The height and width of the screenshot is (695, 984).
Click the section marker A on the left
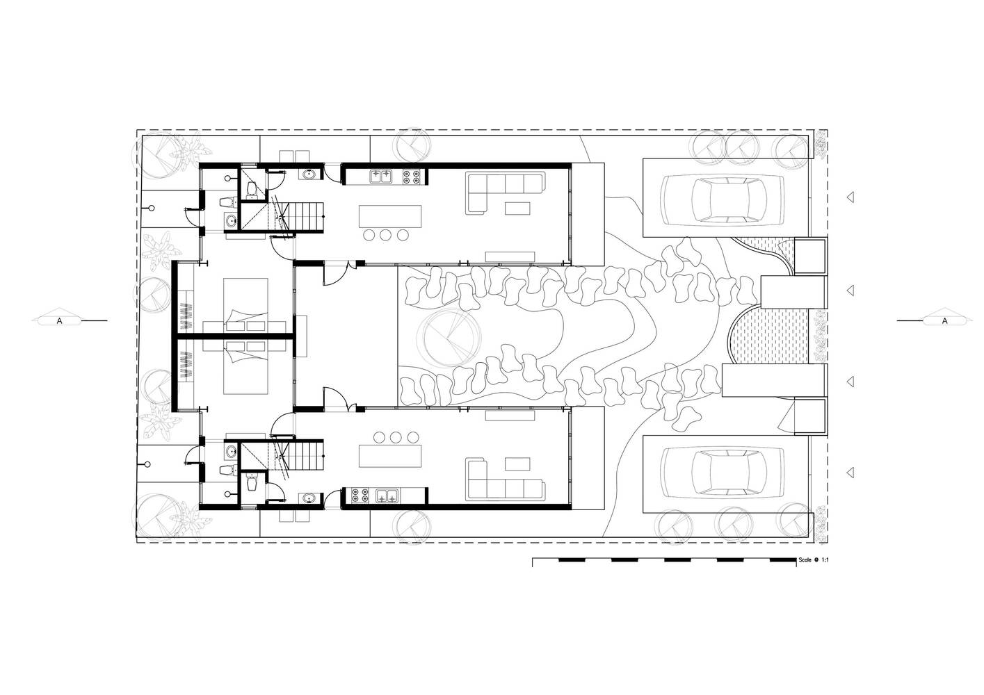pos(60,321)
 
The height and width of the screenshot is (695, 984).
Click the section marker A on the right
pos(944,321)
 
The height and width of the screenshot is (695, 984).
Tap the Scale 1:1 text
pos(814,559)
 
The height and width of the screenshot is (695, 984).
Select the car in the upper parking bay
pos(723,199)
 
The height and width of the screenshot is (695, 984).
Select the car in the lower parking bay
pos(723,472)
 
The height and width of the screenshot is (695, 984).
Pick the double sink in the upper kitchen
pos(380,177)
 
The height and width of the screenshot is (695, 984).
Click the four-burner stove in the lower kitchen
pos(360,496)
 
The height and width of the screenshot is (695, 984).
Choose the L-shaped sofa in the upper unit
pos(505,193)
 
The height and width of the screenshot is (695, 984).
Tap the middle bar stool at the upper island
pos(386,236)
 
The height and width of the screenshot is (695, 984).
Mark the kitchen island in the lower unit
pos(390,456)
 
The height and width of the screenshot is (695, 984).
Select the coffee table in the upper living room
pos(517,208)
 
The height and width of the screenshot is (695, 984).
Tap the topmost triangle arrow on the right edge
pos(850,197)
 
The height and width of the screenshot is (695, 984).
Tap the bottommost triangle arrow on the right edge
pos(850,473)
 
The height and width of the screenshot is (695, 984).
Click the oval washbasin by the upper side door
pos(311,174)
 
